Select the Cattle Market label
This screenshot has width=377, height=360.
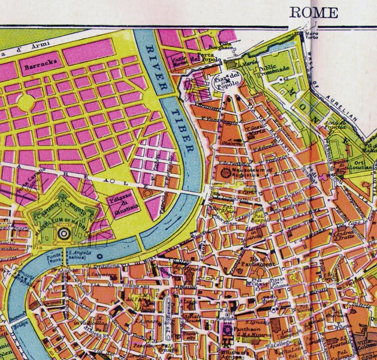(180, 61)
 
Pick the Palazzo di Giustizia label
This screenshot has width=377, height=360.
(118, 205)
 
